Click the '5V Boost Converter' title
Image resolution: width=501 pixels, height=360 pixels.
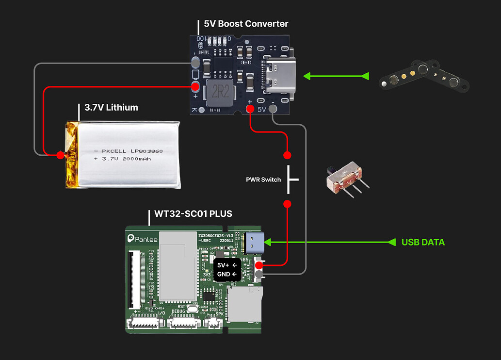246,24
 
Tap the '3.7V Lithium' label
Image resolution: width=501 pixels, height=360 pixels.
111,108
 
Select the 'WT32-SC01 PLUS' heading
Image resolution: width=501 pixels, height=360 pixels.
193,214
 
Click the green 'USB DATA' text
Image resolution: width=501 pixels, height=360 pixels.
423,242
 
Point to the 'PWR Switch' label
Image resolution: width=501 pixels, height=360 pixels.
263,180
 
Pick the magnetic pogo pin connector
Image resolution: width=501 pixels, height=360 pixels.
424,75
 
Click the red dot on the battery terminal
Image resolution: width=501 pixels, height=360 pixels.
60,155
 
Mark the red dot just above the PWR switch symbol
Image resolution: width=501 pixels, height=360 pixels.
287,155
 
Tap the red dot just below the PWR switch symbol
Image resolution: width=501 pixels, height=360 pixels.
287,204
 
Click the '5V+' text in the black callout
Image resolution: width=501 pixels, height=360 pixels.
224,265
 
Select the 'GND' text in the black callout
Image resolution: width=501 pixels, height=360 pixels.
224,275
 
